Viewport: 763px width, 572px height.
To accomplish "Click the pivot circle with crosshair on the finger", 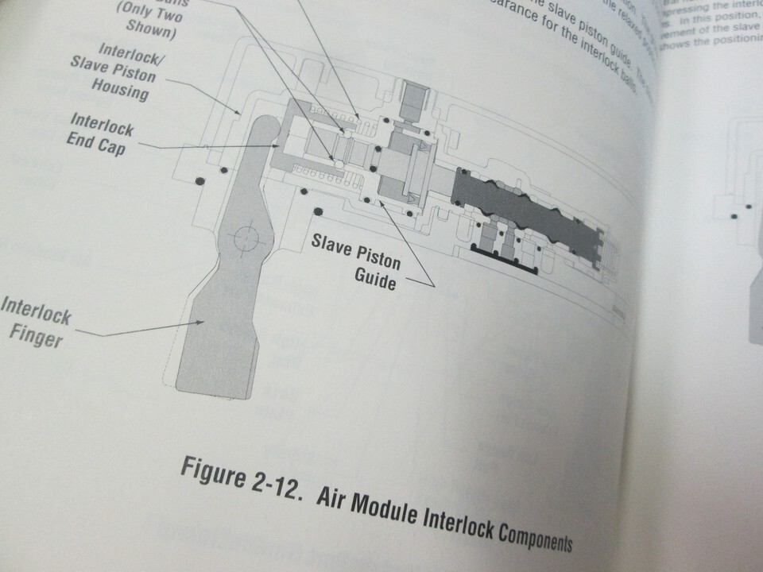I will pos(246,237).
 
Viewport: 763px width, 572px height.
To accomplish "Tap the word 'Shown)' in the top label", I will pos(151,33).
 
